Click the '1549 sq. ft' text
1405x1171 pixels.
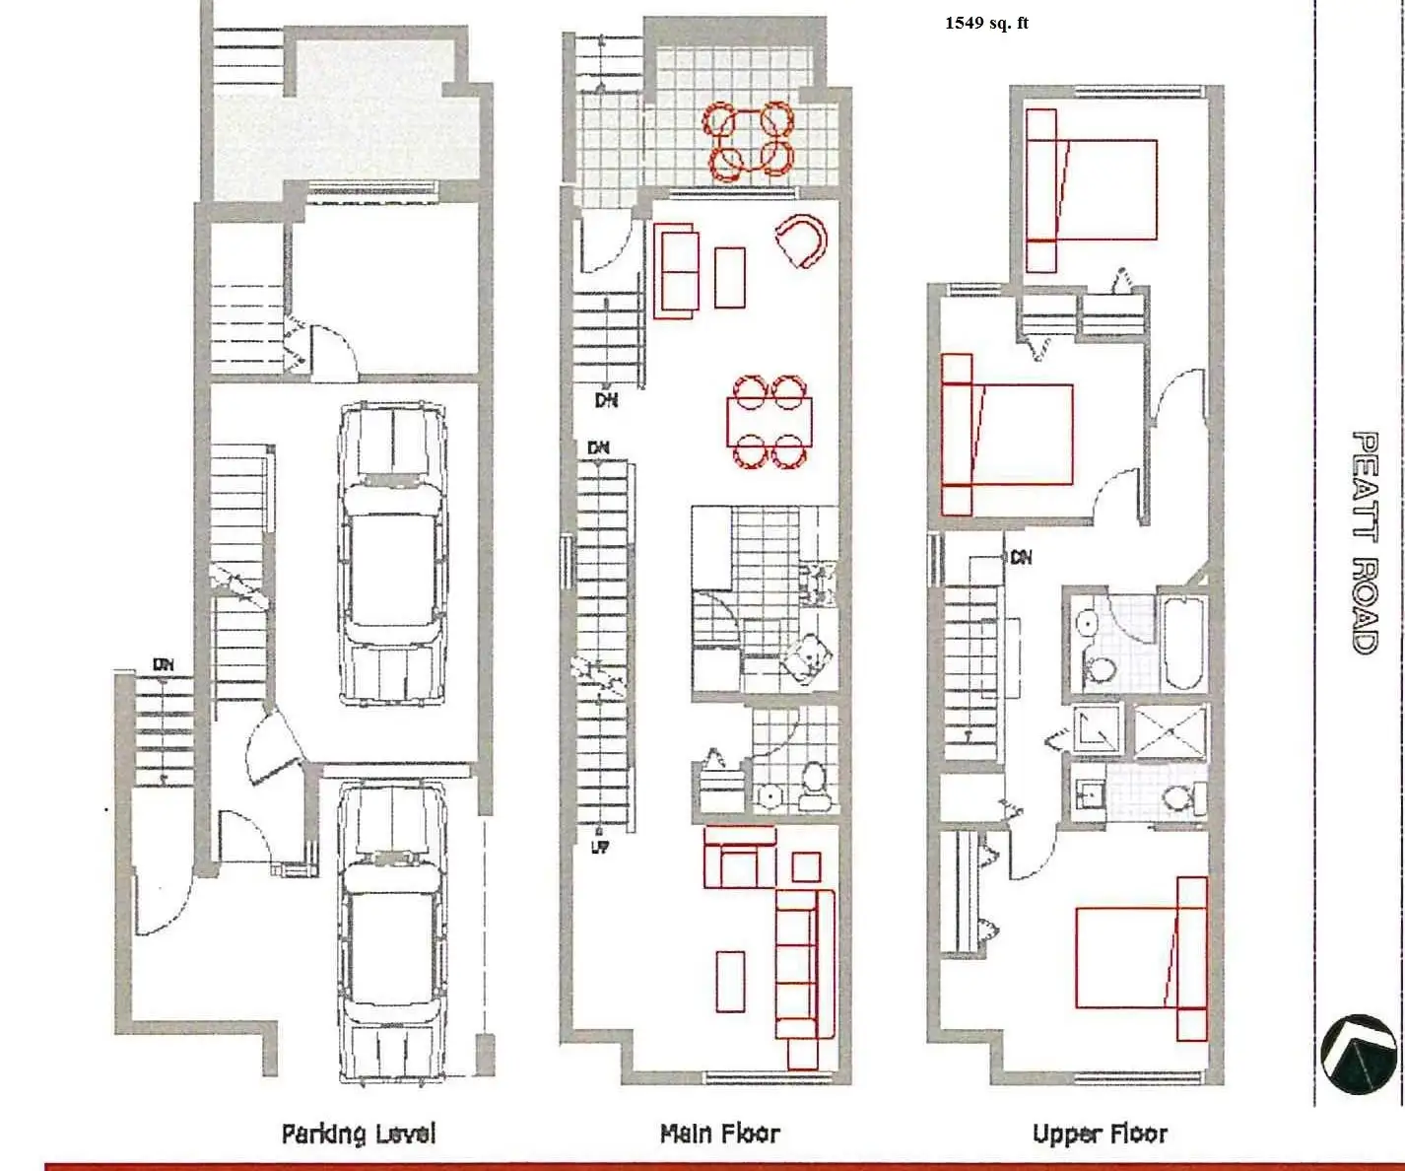tap(986, 24)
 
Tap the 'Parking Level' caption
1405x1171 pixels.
tap(359, 1134)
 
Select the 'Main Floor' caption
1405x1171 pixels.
tap(720, 1134)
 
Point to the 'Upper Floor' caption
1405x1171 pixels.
tap(1101, 1134)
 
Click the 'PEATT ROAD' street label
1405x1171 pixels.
tap(1366, 543)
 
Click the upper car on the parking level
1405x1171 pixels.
tap(391, 554)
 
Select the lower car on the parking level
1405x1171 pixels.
tap(391, 932)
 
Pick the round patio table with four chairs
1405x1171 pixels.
tap(748, 141)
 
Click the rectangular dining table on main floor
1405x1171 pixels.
tap(769, 422)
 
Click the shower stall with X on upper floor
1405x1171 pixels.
tap(1171, 732)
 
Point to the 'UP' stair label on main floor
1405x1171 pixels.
tap(600, 848)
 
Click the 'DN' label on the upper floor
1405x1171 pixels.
tap(1021, 558)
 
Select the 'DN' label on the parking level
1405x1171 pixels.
tap(164, 665)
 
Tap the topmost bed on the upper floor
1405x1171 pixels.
tap(1091, 190)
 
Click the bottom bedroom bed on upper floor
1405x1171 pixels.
tap(1141, 958)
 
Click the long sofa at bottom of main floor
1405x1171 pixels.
tap(804, 980)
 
